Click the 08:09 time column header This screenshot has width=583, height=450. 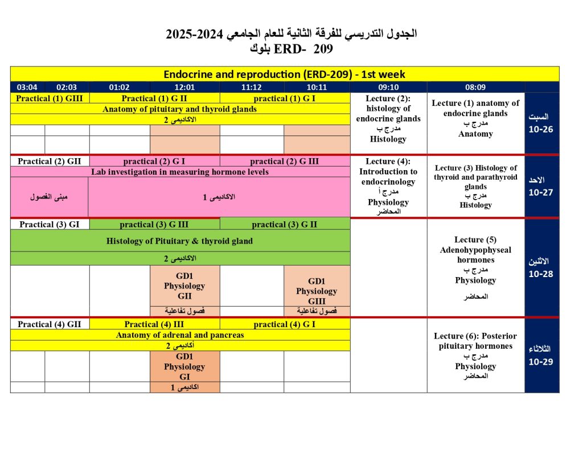tap(475, 87)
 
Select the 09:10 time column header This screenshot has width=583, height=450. tap(388, 87)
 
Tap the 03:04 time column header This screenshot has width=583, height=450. tap(27, 87)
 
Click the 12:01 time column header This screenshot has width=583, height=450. tap(184, 87)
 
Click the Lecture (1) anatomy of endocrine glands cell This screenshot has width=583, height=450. tap(475, 118)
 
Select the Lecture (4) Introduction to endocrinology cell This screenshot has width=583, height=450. tap(388, 186)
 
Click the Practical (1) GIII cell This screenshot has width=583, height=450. tap(50, 98)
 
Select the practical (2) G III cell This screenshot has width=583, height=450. tap(285, 161)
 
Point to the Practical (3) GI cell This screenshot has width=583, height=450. tap(50, 224)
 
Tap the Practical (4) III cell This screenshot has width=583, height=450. tap(154, 324)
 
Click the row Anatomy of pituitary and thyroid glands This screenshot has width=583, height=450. tap(180, 109)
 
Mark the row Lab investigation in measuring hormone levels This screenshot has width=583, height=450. tap(180, 172)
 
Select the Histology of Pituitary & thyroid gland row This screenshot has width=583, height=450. tap(180, 241)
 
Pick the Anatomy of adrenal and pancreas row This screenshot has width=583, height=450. tap(180, 335)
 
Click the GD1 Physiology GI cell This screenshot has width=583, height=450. tap(184, 366)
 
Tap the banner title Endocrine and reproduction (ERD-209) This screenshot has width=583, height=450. tap(285, 75)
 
